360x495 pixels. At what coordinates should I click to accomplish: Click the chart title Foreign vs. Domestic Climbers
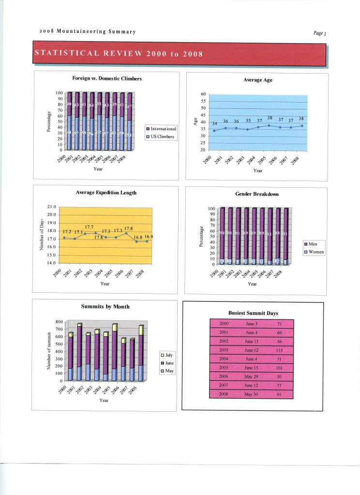tap(106, 78)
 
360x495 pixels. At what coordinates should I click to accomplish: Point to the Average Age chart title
tap(257, 80)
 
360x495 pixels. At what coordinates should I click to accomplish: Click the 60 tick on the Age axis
tap(203, 94)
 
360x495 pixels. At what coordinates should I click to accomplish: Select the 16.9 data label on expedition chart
tap(149, 237)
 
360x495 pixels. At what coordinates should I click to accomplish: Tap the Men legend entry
tap(313, 244)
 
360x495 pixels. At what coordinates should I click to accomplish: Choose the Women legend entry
tap(315, 252)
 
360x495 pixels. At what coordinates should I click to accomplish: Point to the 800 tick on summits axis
tap(58, 322)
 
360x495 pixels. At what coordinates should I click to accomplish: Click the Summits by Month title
tap(105, 306)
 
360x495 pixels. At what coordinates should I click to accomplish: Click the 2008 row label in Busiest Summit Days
tap(224, 394)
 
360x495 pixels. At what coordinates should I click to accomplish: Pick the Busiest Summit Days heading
tap(253, 313)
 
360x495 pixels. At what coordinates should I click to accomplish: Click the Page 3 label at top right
tap(320, 33)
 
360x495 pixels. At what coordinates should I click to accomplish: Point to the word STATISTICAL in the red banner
tap(66, 53)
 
